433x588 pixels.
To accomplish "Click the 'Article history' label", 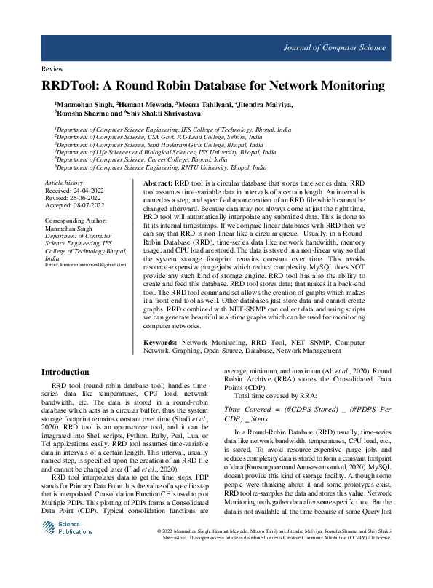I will click(x=64, y=181).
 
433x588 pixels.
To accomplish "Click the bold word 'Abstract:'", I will click(x=158, y=183).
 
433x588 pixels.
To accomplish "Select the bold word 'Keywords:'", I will click(x=160, y=342).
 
